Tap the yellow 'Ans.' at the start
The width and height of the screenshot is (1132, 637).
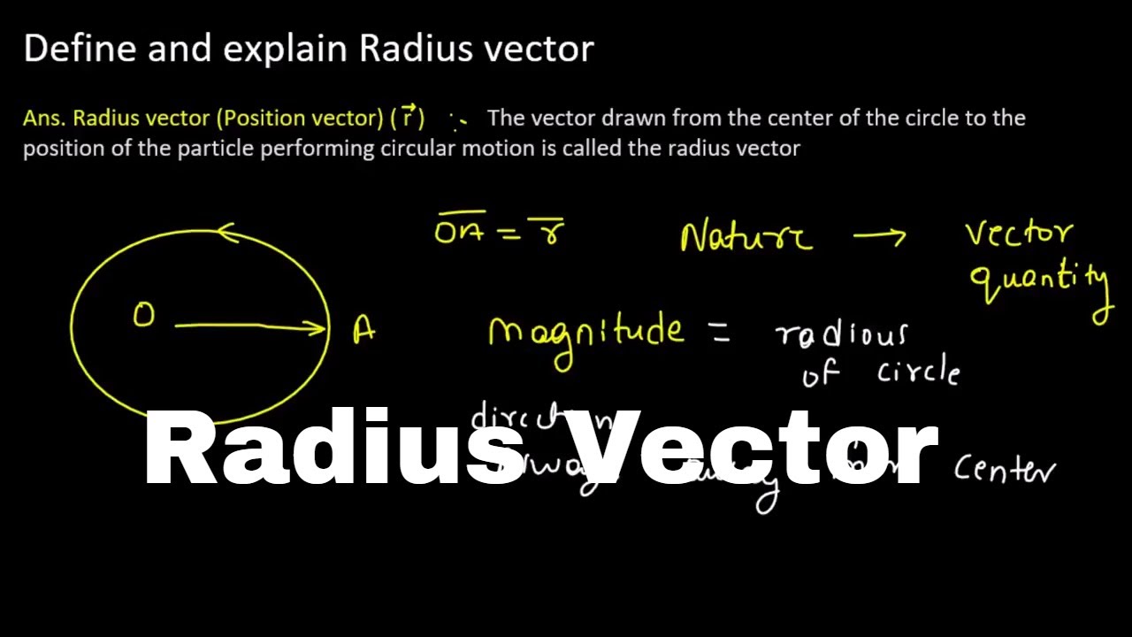[x=44, y=119]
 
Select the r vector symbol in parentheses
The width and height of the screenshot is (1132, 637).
[x=408, y=117]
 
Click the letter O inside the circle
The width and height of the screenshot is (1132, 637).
[x=143, y=316]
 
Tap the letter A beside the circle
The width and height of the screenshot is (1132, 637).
[x=363, y=331]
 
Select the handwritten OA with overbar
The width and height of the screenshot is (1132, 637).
[x=460, y=231]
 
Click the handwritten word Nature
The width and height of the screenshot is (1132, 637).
[x=746, y=237]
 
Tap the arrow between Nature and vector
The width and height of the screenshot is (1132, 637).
[x=879, y=236]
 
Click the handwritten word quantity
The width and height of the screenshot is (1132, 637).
[x=1040, y=281]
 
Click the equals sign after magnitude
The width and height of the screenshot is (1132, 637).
[x=717, y=333]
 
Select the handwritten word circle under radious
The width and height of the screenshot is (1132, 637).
[x=918, y=372]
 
